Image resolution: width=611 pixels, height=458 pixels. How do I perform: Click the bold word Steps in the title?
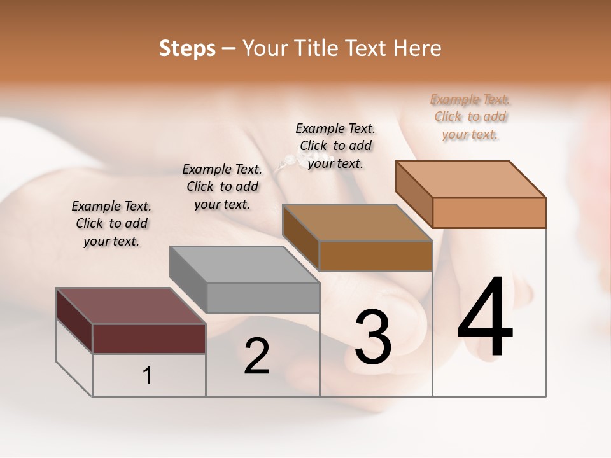click(187, 48)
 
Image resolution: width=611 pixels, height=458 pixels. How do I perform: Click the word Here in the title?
click(418, 48)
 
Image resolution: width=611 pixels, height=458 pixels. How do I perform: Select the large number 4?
click(485, 318)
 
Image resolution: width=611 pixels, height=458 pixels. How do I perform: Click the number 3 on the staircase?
click(373, 337)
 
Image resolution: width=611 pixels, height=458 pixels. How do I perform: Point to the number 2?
click(256, 357)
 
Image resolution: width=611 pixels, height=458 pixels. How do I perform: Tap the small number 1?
click(148, 376)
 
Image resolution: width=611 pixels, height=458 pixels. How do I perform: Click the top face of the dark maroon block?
click(131, 306)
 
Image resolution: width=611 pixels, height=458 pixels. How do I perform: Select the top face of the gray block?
click(244, 264)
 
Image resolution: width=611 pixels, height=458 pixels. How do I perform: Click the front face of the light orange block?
click(489, 212)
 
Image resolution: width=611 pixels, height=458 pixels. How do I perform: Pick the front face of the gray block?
click(263, 298)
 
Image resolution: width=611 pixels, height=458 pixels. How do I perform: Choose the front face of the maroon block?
click(149, 338)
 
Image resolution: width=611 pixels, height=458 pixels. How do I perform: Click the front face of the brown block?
click(376, 256)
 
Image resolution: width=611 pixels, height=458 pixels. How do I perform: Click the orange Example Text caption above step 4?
click(470, 117)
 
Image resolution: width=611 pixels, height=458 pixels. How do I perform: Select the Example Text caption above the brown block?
click(335, 146)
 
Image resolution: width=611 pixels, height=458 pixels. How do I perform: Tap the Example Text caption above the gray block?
click(222, 186)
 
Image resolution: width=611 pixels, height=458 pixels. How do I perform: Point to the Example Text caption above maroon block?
click(111, 223)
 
